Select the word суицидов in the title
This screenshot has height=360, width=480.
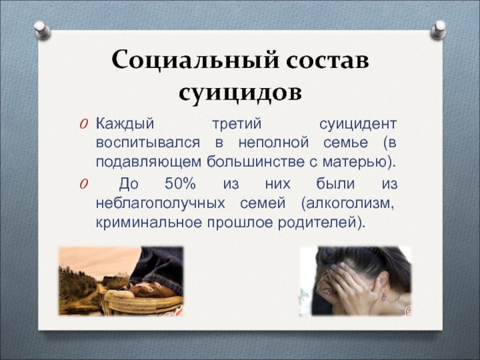click(x=241, y=94)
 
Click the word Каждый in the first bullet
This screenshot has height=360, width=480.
click(x=125, y=124)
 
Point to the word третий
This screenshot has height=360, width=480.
click(x=236, y=124)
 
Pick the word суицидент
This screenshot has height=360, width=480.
click(x=358, y=124)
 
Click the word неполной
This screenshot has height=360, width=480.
click(x=274, y=143)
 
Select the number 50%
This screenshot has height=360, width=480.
click(x=180, y=184)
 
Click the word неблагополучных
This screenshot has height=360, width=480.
click(x=160, y=203)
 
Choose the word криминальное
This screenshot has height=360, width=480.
click(x=149, y=223)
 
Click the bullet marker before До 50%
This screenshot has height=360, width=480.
click(x=83, y=184)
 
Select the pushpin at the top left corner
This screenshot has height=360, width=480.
click(x=42, y=30)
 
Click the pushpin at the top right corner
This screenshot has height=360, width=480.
click(x=439, y=29)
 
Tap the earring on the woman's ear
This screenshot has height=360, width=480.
click(x=383, y=296)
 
